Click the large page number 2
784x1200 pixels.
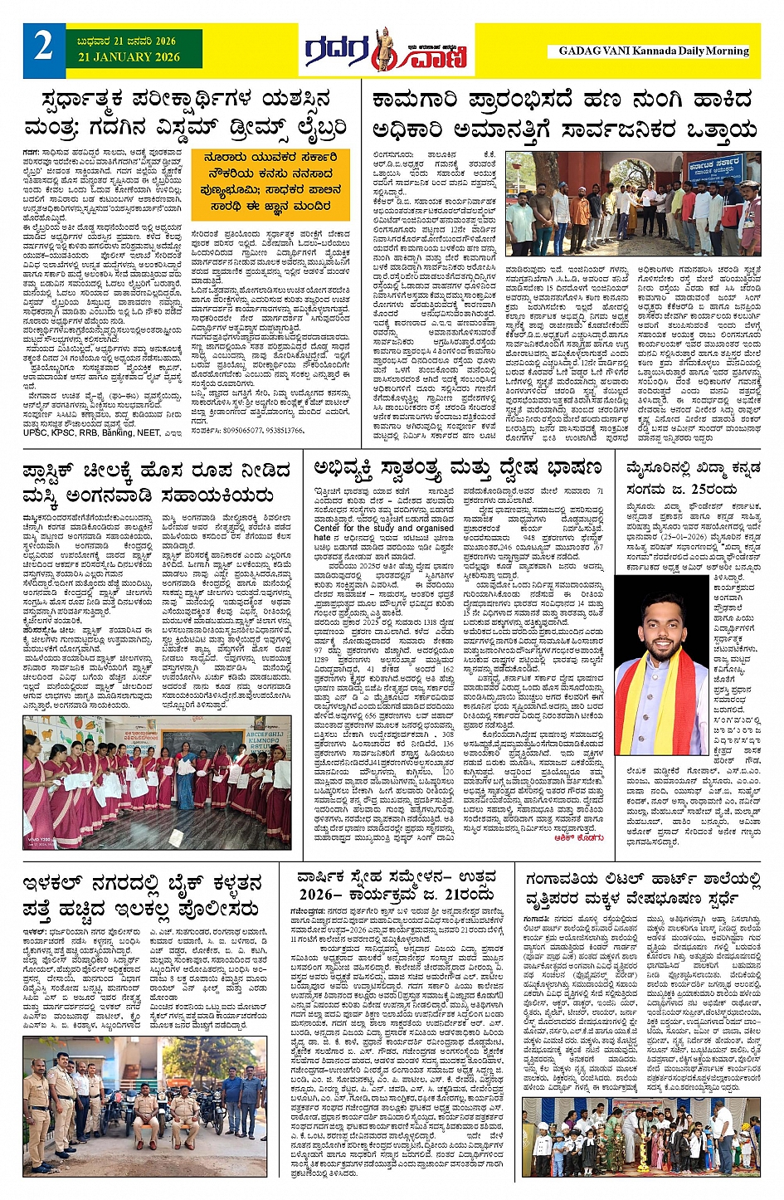pyautogui.click(x=43, y=47)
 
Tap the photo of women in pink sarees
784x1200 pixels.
pyautogui.click(x=157, y=784)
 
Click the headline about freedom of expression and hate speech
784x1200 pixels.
pyautogui.click(x=457, y=469)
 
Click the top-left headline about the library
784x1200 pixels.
pyautogui.click(x=185, y=115)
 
